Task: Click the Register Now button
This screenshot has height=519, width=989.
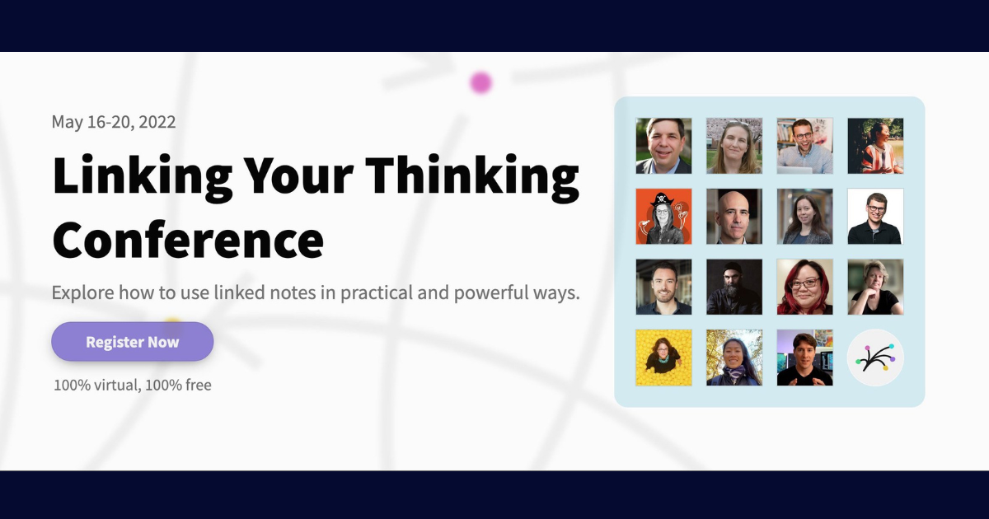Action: [132, 342]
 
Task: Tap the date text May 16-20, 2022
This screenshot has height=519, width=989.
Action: [114, 122]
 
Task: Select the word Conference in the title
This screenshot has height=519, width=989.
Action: [188, 239]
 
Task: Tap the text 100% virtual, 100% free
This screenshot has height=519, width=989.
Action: [133, 385]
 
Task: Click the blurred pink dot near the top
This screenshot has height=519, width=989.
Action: [480, 82]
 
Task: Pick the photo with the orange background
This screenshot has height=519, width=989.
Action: [663, 217]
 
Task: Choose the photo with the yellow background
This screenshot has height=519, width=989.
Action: [663, 358]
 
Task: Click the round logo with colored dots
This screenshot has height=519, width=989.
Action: [875, 358]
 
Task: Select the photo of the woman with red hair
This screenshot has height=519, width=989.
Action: [804, 287]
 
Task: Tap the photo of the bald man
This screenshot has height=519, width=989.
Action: [734, 217]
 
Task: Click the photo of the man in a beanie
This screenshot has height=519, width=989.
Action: [734, 287]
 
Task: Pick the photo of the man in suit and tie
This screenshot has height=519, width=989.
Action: [663, 146]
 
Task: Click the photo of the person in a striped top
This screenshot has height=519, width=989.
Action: [875, 146]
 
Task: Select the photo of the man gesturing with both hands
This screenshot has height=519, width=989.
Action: [804, 358]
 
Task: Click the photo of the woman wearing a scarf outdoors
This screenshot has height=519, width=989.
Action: [734, 358]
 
